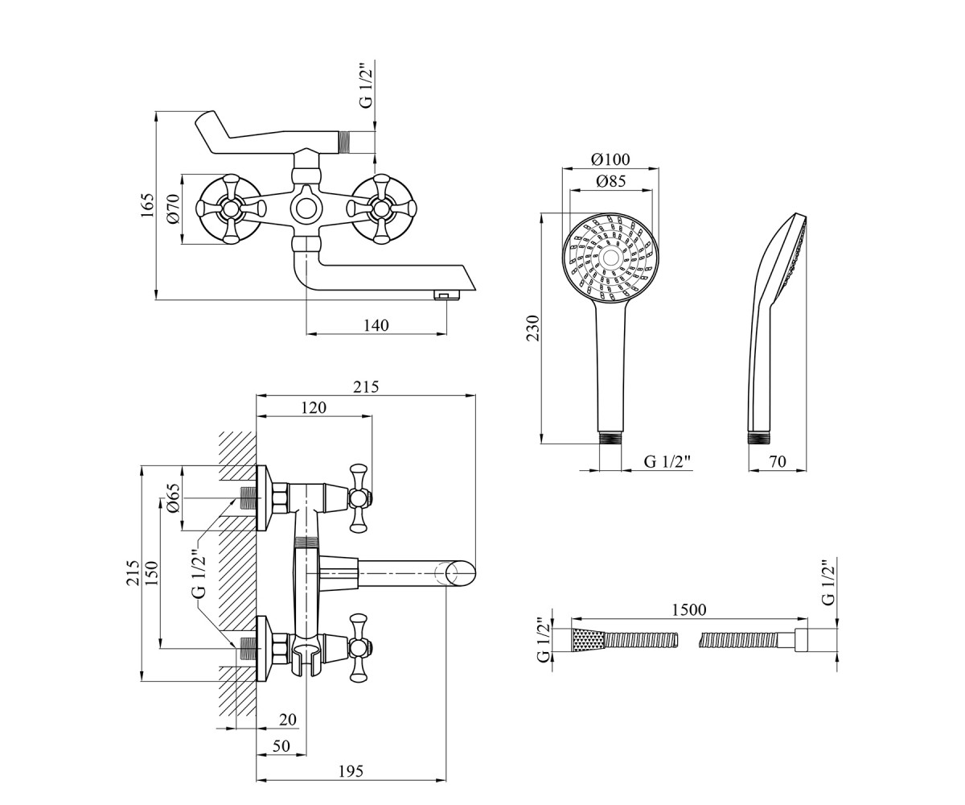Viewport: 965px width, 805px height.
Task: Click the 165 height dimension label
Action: [147, 205]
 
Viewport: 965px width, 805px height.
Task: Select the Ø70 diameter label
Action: [174, 208]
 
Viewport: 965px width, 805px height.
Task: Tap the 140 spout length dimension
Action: [376, 325]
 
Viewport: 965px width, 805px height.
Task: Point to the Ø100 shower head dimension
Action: [610, 159]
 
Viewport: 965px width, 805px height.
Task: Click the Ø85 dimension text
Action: [610, 181]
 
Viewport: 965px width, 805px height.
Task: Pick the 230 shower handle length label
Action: [533, 328]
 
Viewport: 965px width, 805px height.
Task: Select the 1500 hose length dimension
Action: [689, 609]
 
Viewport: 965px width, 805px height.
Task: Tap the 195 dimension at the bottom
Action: [351, 771]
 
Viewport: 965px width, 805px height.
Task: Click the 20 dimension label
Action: [287, 720]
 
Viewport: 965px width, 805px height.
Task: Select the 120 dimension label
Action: [314, 407]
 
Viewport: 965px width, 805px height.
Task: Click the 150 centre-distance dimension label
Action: [153, 572]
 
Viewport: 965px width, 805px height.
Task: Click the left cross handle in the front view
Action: [230, 208]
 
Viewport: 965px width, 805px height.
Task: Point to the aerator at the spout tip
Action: [446, 295]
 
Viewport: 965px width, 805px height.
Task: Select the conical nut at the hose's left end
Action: [589, 641]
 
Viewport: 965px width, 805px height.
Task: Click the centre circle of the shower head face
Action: [610, 256]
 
